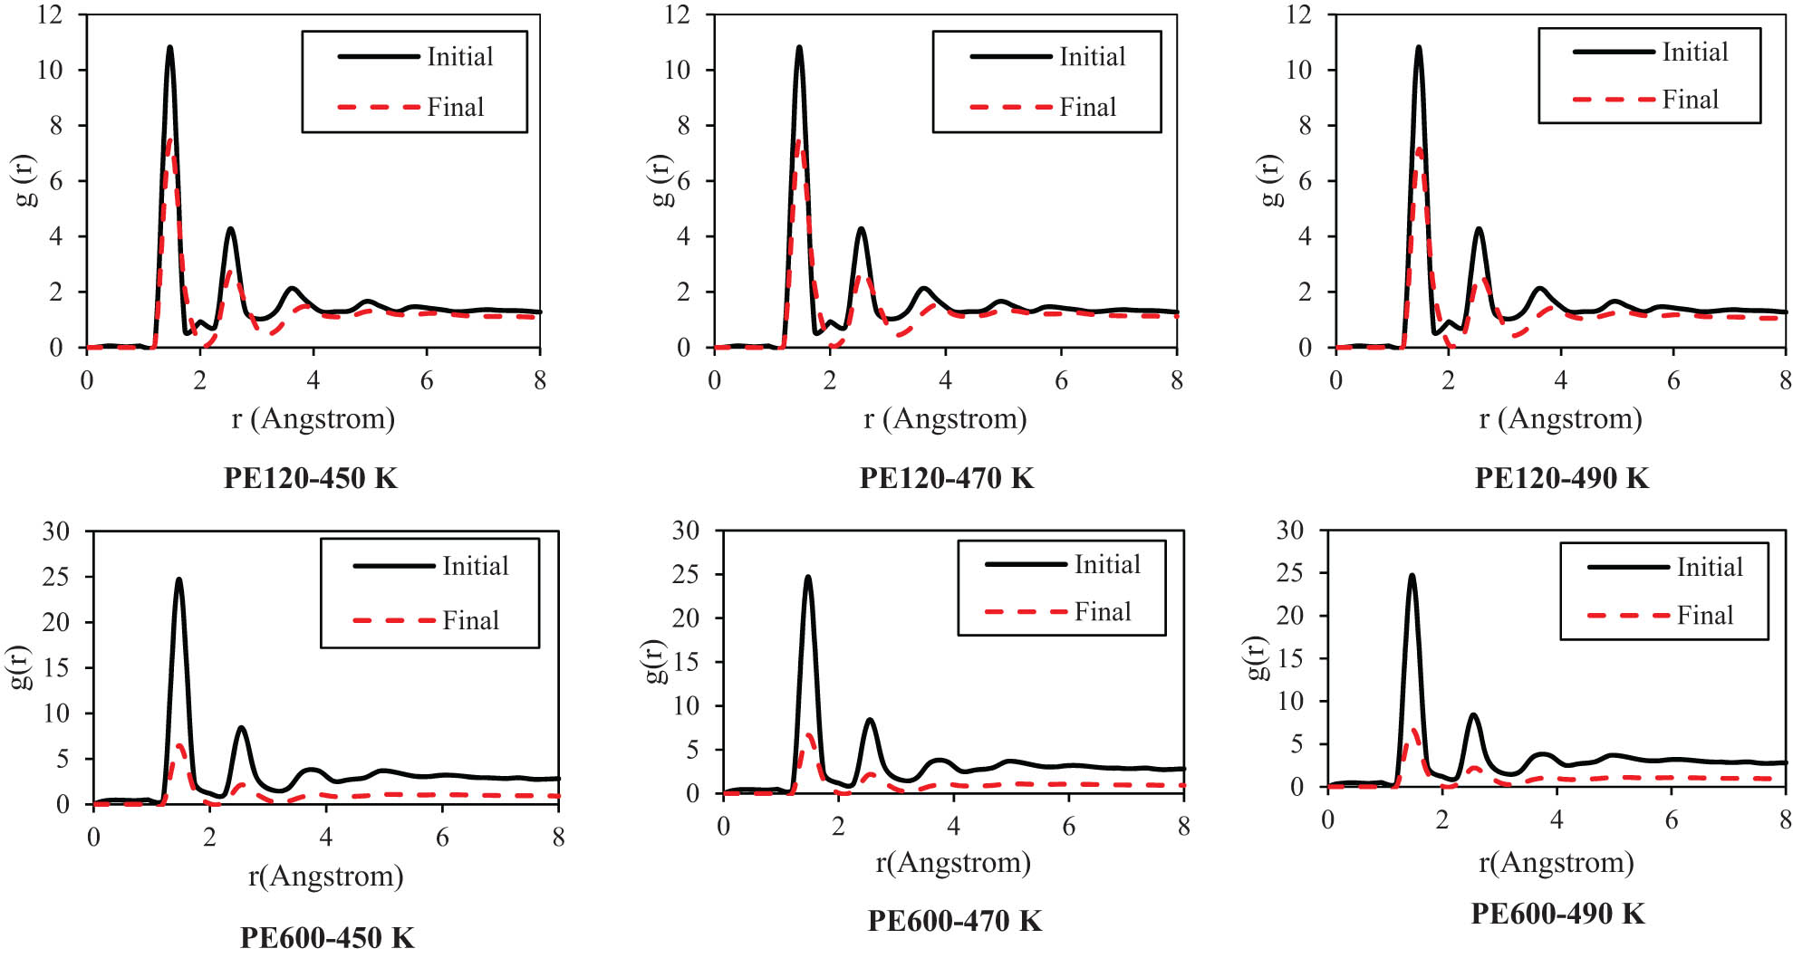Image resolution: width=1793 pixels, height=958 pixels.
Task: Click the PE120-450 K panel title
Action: (310, 478)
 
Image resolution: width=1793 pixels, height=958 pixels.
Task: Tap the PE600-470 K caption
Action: (954, 921)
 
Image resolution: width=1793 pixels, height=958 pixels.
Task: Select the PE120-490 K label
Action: (1561, 478)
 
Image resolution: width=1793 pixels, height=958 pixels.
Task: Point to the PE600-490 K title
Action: (1557, 914)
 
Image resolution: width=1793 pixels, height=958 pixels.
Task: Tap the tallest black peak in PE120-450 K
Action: (169, 48)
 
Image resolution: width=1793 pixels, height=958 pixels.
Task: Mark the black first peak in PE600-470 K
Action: (807, 578)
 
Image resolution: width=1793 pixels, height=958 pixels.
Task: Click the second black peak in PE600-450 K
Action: (241, 728)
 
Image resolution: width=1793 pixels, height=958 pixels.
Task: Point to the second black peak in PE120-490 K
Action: (1479, 229)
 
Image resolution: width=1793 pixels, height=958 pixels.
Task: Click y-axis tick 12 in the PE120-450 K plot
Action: (51, 14)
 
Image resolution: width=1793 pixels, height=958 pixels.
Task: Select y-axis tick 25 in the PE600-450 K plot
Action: (56, 577)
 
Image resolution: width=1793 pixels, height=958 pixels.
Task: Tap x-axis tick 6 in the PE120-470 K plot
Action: (1061, 380)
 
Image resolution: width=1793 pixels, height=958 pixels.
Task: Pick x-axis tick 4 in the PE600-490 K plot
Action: (1557, 820)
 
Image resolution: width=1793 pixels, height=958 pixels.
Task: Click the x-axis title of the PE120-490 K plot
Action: (1560, 419)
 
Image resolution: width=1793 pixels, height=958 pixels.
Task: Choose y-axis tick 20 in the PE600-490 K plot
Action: (1289, 616)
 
